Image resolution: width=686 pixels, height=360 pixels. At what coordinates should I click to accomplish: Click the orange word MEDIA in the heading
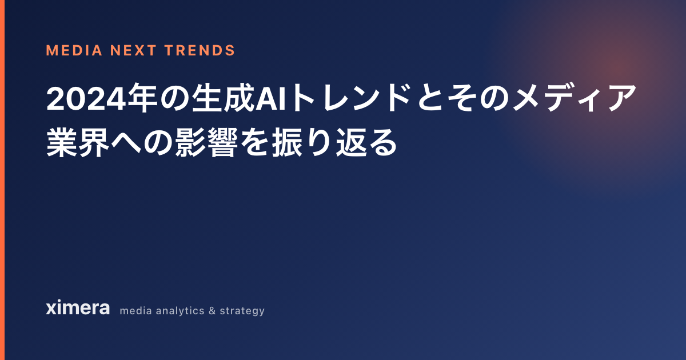[74, 50]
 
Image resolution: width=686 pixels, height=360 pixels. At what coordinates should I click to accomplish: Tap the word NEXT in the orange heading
[134, 50]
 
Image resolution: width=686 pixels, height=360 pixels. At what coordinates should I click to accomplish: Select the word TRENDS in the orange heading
[200, 50]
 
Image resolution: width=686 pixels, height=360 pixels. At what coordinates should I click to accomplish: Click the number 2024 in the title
[86, 98]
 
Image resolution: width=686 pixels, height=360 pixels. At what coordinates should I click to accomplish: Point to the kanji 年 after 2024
[143, 98]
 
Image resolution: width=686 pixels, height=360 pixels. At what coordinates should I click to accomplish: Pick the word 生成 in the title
[223, 98]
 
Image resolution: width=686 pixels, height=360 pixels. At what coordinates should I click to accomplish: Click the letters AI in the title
[271, 98]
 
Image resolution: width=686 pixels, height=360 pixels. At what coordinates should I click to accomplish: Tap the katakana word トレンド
[352, 98]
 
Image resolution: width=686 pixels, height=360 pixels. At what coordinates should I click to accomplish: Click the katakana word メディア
[574, 98]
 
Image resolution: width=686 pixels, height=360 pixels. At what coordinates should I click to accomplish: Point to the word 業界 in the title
[78, 142]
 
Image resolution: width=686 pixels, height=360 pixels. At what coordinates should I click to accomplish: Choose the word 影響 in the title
[206, 142]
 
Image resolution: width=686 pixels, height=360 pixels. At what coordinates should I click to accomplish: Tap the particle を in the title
[254, 143]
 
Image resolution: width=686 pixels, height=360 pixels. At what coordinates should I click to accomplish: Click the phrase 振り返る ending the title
[334, 142]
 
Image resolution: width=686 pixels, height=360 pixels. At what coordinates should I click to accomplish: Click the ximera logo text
[78, 307]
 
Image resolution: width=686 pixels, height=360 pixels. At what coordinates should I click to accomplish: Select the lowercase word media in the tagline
[135, 311]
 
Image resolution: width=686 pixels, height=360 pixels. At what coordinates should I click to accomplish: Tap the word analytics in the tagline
[180, 311]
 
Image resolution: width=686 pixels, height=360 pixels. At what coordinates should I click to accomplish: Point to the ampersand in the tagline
[212, 311]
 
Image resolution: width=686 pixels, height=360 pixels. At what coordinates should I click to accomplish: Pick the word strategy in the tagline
[242, 311]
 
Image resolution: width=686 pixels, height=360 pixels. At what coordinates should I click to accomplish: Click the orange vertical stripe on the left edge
[2, 180]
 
